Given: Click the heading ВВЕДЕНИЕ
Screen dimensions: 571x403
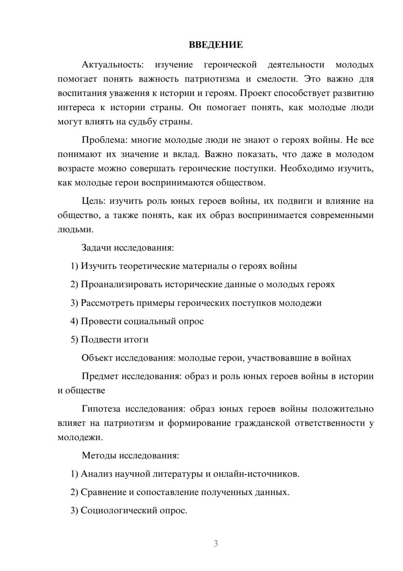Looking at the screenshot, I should [x=216, y=45].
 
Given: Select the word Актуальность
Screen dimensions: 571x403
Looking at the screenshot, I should [x=112, y=65].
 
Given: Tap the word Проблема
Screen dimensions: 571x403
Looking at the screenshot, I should [x=104, y=140].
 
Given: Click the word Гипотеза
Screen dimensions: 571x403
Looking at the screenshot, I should [x=101, y=409].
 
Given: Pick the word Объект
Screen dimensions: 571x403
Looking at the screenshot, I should [x=97, y=358].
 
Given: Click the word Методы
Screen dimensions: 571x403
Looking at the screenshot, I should [x=100, y=456].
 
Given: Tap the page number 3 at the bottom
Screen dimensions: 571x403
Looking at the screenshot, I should [x=216, y=544].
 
